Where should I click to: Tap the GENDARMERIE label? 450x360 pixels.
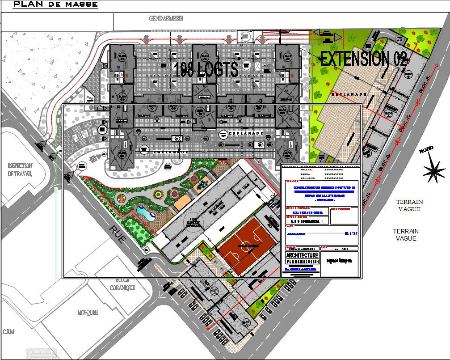166,18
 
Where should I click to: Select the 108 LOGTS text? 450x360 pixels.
206,69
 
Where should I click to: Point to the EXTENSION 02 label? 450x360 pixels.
363,59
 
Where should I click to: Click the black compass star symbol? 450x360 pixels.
433,170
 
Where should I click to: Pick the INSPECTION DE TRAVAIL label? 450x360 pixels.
20,169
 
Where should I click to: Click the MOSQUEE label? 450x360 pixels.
88,313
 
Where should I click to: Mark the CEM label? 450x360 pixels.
8,332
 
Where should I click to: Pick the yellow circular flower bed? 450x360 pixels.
158,195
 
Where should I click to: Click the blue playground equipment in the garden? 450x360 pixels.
204,183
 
